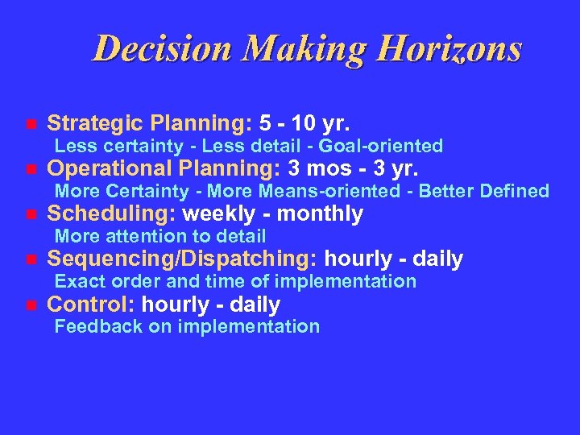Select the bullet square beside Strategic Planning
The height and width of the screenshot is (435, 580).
click(x=31, y=125)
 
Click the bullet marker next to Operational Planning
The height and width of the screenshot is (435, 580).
click(x=31, y=170)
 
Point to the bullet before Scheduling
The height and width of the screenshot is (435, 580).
click(x=31, y=215)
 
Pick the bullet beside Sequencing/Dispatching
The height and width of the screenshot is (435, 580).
click(x=31, y=260)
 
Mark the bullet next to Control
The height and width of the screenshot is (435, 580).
click(x=31, y=305)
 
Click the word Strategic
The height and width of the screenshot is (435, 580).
click(x=95, y=123)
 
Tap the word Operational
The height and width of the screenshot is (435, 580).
click(x=107, y=168)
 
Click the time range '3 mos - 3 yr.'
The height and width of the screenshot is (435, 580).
click(x=354, y=168)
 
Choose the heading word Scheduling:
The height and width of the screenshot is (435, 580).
click(x=113, y=213)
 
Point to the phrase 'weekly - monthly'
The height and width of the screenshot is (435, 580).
click(x=273, y=213)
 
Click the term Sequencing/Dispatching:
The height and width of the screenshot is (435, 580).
click(x=183, y=259)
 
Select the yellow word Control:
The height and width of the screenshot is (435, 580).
click(x=91, y=304)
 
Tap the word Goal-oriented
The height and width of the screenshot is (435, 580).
click(x=381, y=146)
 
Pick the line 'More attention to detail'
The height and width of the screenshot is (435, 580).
click(x=159, y=236)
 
